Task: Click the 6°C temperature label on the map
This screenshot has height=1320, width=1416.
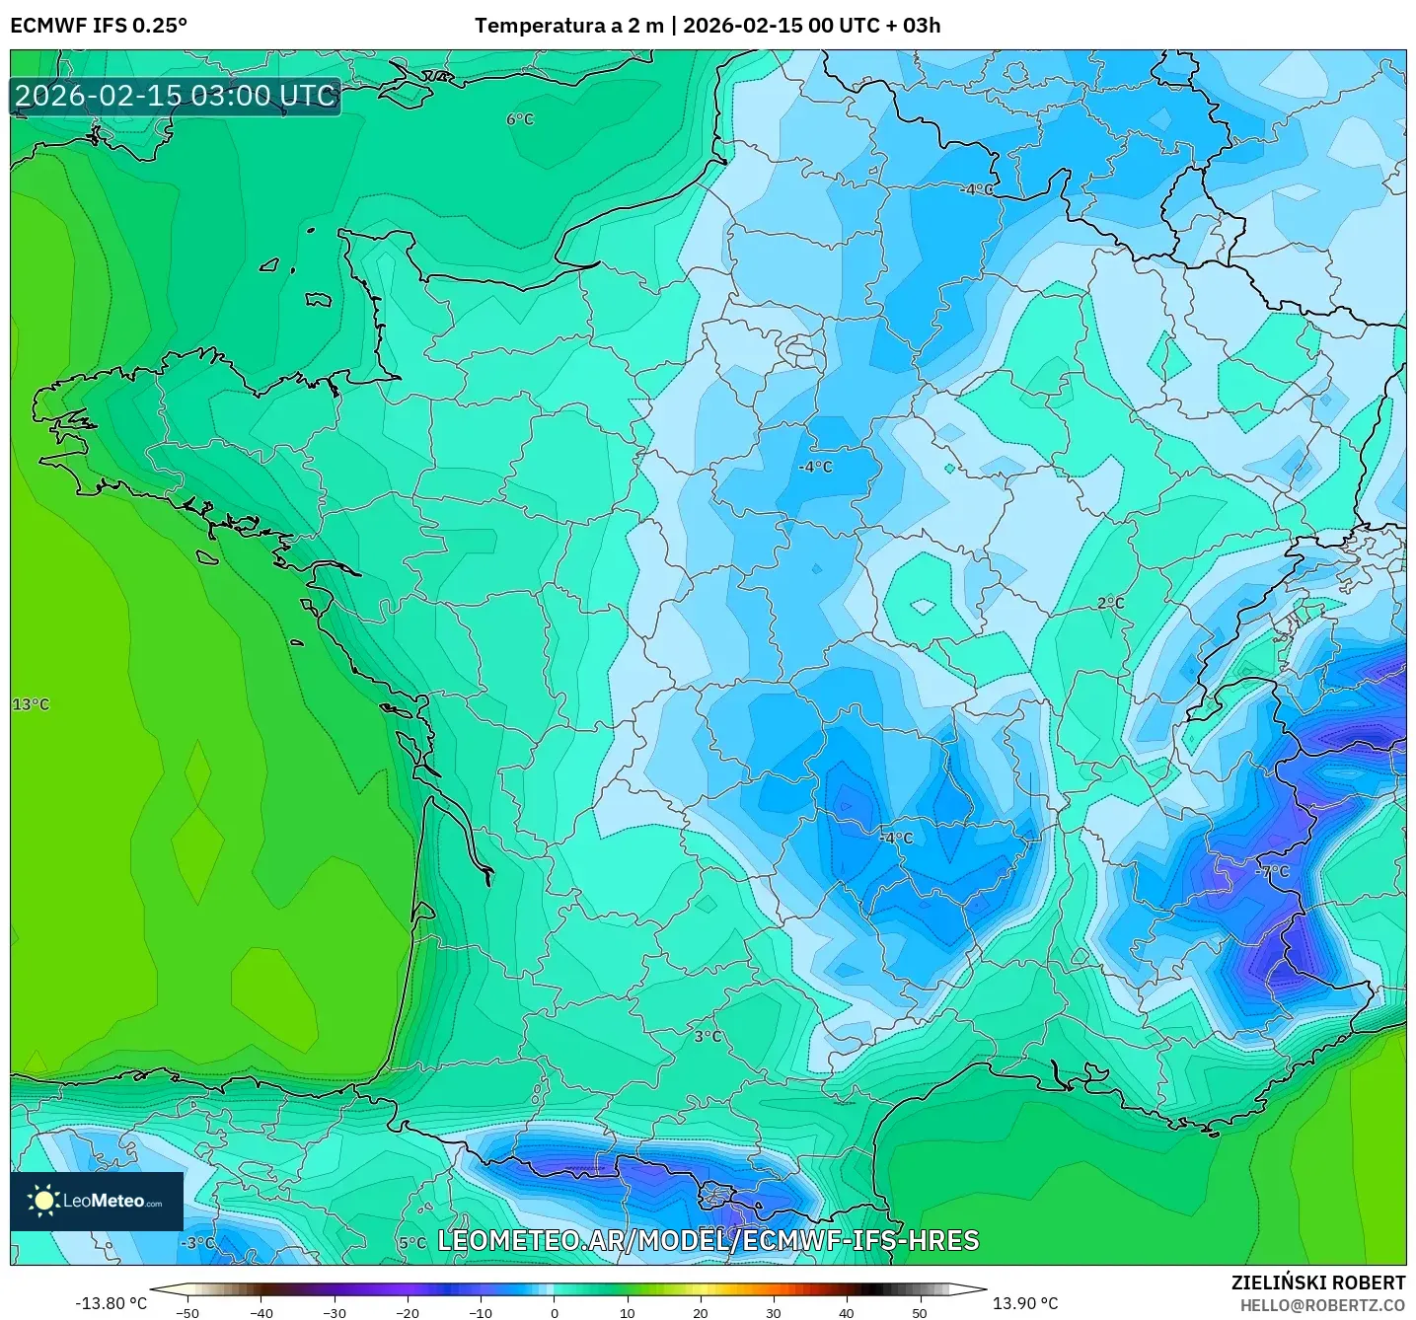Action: point(520,119)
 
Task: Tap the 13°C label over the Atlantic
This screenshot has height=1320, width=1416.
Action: point(31,704)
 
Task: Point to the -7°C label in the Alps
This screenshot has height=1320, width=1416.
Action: point(1272,871)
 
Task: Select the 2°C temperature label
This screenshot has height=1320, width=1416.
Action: point(1110,603)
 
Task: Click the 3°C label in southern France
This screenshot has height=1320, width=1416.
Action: point(708,1037)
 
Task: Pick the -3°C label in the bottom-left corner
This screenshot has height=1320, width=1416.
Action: point(197,1242)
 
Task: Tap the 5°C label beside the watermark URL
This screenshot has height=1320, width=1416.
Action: point(412,1242)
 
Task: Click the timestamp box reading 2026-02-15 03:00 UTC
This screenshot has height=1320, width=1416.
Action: point(176,96)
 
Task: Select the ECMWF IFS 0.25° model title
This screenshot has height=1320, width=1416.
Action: point(99,26)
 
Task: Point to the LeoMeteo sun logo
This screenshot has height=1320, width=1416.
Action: point(43,1201)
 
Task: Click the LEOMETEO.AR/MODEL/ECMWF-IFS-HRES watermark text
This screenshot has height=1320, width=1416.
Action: point(708,1240)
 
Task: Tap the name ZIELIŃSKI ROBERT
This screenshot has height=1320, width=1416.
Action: point(1318,1283)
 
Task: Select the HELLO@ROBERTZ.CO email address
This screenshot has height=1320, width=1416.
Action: point(1322,1305)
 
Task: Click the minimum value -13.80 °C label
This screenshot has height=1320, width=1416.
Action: point(111,1303)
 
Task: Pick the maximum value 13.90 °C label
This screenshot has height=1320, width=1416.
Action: point(1025,1303)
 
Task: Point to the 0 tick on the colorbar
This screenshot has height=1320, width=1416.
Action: point(554,1312)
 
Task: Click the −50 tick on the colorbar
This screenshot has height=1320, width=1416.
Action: point(187,1312)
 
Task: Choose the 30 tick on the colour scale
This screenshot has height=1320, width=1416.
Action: point(773,1312)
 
